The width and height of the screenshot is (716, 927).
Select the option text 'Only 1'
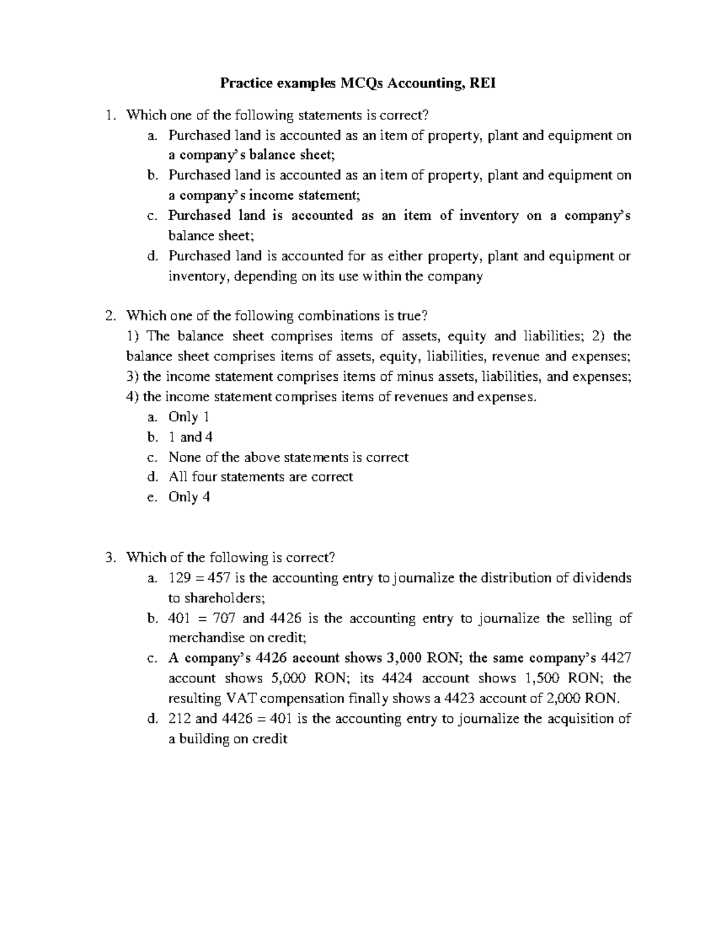coord(189,417)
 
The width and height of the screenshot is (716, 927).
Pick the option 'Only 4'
coord(189,497)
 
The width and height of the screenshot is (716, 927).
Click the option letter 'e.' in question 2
coord(152,497)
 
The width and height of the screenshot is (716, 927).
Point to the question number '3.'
coord(109,558)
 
